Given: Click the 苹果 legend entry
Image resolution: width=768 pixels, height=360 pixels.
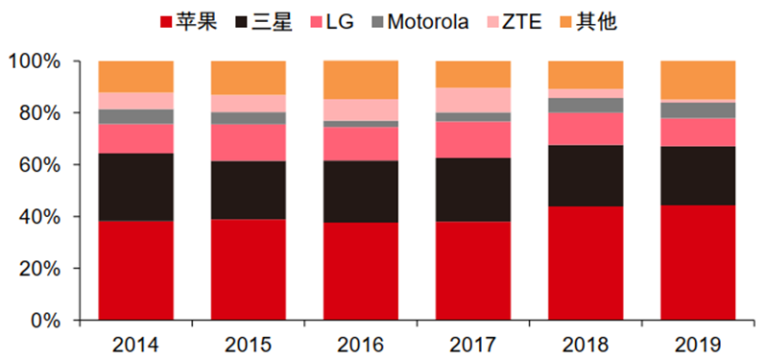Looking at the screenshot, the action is [189, 22].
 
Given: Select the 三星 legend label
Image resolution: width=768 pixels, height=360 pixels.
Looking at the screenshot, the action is [264, 22].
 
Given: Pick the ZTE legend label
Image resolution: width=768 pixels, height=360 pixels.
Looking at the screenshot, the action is [515, 22].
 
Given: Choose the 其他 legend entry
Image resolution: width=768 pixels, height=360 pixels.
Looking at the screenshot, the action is [588, 22].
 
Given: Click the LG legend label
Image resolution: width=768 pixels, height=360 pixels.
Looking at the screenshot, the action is [332, 22].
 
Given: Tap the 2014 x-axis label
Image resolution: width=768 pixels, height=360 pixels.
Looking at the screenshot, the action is [135, 346].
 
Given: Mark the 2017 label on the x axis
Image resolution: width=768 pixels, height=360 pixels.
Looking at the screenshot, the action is [473, 346].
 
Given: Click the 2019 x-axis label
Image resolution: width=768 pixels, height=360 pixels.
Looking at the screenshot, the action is [698, 346].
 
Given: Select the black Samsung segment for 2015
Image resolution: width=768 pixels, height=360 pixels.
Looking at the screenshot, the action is [249, 190].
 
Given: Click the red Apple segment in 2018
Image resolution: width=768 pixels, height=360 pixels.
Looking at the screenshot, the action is [586, 263].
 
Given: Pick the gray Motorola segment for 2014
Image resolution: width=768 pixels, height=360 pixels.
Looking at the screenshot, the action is [135, 116].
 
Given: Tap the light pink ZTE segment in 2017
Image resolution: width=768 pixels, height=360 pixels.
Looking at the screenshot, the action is [473, 101].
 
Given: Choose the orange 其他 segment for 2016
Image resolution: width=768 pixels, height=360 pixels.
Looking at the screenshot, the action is [361, 81].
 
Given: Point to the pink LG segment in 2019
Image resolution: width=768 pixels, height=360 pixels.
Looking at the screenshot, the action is [698, 132].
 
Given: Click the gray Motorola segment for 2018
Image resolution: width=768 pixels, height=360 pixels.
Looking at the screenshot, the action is [586, 106].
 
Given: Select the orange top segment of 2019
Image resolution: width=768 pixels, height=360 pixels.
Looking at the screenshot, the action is [698, 81].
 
